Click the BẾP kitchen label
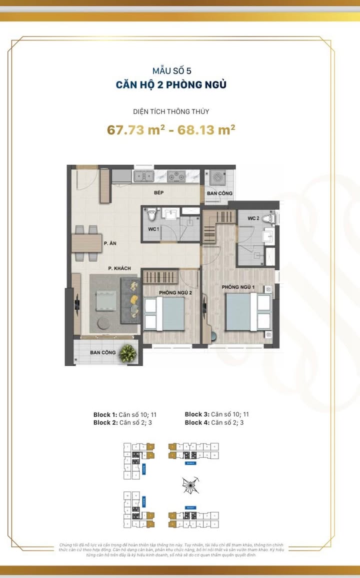[x=159, y=192]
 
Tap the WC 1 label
[x=153, y=229]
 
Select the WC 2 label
[x=253, y=219]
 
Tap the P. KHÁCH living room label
[x=119, y=268]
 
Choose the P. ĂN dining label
[x=110, y=243]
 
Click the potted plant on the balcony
[x=128, y=353]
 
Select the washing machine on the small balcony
[x=217, y=177]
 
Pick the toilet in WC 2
[x=270, y=218]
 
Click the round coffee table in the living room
[x=105, y=322]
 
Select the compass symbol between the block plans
[x=191, y=485]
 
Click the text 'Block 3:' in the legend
[x=196, y=414]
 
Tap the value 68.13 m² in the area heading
[x=204, y=130]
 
